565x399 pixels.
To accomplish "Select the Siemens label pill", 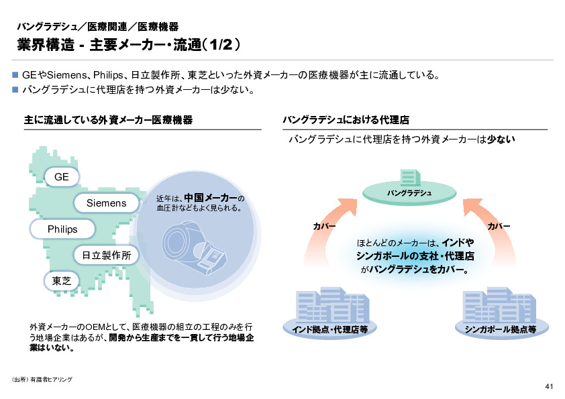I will (106, 203).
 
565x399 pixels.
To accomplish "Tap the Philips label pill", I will (62, 229).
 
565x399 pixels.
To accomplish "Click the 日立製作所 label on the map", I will (106, 255).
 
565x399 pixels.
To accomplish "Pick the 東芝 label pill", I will (62, 280).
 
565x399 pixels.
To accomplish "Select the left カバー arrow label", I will (325, 227).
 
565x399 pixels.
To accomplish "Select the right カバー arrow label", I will (498, 227).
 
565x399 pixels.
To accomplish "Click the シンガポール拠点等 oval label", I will (499, 329).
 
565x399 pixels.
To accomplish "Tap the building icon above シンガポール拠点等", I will (499, 305).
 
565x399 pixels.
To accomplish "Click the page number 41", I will (549, 386).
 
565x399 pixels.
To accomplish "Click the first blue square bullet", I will (16, 75).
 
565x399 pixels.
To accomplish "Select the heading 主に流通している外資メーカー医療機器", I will (108, 120).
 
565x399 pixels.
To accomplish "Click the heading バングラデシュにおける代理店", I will (346, 120).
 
